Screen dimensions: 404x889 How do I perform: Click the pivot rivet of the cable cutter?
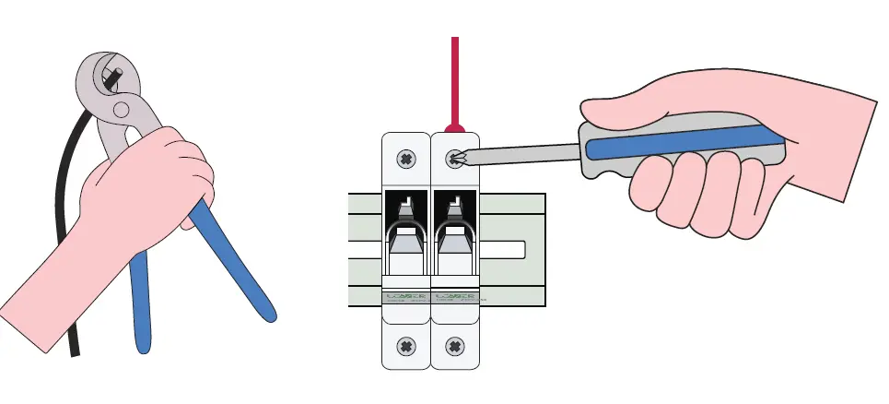tap(121, 108)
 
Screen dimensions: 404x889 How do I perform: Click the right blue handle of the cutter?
tap(236, 267)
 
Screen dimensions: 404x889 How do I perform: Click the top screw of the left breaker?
tap(405, 160)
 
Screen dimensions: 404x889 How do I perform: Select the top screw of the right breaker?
tap(453, 159)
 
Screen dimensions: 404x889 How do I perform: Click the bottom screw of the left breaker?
tap(405, 347)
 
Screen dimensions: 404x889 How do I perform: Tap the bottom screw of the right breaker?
tap(453, 347)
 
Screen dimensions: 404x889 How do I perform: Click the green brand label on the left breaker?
tap(405, 298)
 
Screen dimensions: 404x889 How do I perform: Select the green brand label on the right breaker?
tap(453, 298)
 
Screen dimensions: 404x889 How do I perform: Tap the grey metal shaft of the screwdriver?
tap(525, 149)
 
